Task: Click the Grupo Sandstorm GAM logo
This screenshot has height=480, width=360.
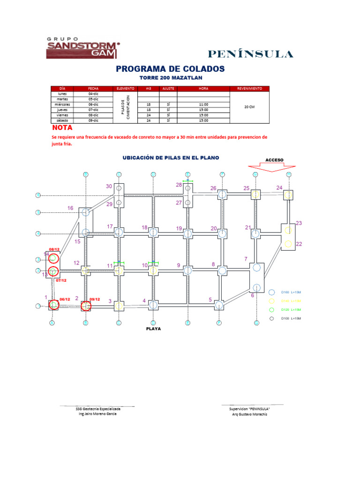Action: tap(82, 48)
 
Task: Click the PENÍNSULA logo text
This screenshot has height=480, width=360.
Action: tap(250, 54)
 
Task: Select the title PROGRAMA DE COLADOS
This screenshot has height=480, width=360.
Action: tap(170, 69)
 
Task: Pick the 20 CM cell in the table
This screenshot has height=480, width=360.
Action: tap(250, 107)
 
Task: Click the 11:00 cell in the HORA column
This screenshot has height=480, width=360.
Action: tap(203, 105)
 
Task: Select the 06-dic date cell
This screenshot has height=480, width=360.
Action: tap(93, 105)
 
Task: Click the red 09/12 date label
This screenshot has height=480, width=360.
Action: tap(95, 299)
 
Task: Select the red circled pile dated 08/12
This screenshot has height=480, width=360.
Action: tap(53, 258)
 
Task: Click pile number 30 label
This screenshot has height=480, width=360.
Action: tap(109, 186)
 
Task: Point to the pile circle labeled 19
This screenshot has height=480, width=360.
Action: tap(187, 233)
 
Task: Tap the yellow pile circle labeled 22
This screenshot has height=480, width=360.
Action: tap(288, 244)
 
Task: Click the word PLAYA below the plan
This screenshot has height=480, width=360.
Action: tap(153, 329)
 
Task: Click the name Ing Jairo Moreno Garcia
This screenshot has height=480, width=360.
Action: tap(97, 414)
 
